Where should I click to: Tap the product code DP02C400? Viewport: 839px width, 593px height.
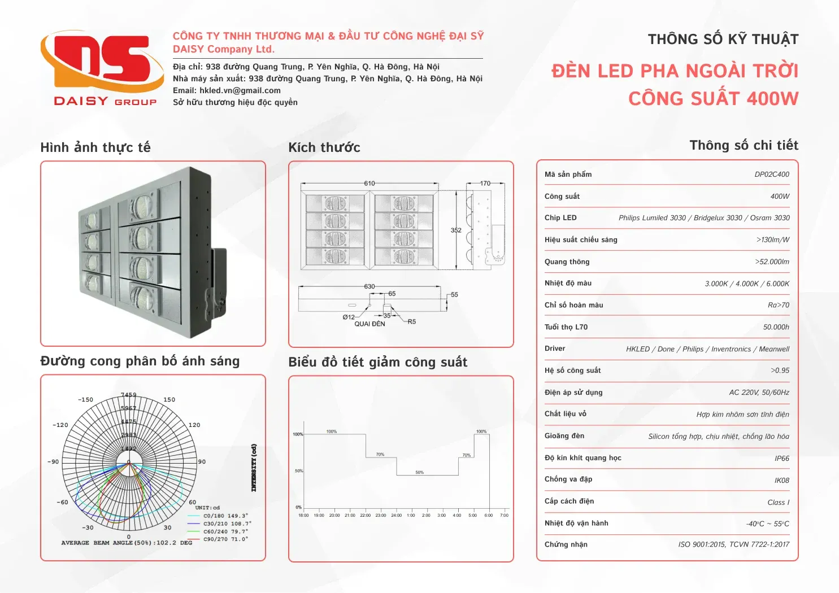tap(772, 175)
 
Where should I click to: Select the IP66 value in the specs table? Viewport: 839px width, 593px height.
tap(782, 459)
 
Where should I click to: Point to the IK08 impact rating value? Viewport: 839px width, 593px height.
tap(782, 481)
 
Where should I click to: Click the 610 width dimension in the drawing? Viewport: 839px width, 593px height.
tap(369, 184)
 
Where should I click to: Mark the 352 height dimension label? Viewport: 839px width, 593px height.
tap(456, 230)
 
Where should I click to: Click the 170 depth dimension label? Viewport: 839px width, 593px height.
tap(485, 184)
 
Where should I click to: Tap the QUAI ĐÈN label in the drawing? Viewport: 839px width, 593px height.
tap(369, 324)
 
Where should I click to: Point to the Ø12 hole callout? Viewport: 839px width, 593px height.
tap(349, 317)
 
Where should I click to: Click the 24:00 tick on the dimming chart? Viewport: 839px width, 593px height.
tap(397, 515)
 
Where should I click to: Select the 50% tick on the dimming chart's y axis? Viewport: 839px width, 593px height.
tap(299, 471)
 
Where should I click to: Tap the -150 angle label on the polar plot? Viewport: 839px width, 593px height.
tap(85, 400)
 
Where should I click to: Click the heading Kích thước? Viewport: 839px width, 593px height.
tap(324, 148)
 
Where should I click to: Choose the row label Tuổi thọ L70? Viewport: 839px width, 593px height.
tap(566, 327)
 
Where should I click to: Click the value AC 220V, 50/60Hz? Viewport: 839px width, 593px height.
tap(759, 393)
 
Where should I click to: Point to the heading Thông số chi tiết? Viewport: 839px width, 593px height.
tap(744, 146)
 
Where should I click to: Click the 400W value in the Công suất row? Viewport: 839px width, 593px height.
tap(780, 197)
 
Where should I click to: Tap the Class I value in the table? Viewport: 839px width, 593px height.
tap(778, 503)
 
